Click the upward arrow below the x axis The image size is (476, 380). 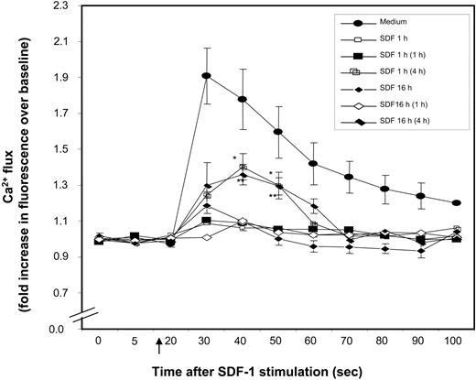[159, 344]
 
